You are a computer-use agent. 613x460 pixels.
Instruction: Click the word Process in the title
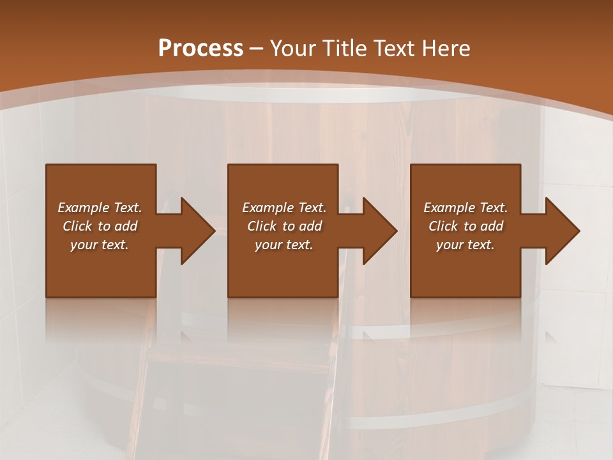click(x=201, y=49)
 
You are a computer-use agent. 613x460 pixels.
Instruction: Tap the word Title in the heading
click(x=345, y=49)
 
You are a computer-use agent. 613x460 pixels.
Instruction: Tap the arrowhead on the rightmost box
click(x=561, y=231)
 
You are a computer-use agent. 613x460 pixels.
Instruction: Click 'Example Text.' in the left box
click(x=100, y=208)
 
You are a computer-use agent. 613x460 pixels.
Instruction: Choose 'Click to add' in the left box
click(x=100, y=226)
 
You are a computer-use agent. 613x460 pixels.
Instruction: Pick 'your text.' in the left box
click(x=100, y=245)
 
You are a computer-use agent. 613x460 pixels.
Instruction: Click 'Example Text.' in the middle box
click(x=284, y=208)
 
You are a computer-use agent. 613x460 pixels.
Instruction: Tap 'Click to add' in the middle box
click(x=284, y=226)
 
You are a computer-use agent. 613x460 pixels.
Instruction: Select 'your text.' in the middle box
click(x=284, y=245)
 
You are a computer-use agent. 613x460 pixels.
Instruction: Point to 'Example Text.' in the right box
click(x=465, y=208)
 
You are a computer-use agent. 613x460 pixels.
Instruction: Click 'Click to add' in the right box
click(x=465, y=226)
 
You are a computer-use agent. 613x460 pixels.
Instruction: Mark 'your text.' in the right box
click(x=465, y=245)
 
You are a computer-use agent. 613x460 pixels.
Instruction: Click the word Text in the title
click(x=394, y=49)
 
